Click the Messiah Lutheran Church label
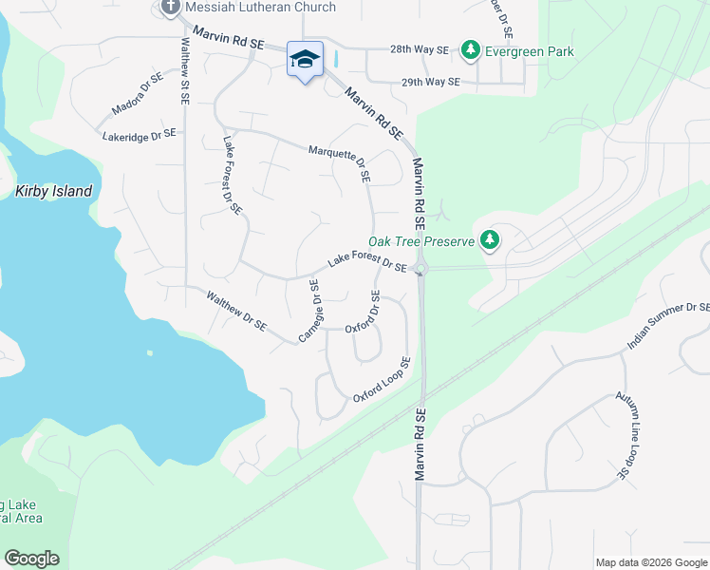(x=261, y=8)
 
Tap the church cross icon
(x=171, y=8)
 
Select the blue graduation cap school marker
(x=305, y=60)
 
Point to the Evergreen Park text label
(x=529, y=51)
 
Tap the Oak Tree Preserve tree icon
(x=490, y=240)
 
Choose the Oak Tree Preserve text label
(x=420, y=241)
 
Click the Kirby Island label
(x=54, y=191)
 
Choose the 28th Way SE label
(x=420, y=50)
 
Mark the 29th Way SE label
(x=430, y=83)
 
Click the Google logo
(x=31, y=559)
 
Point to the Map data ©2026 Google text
(x=649, y=562)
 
